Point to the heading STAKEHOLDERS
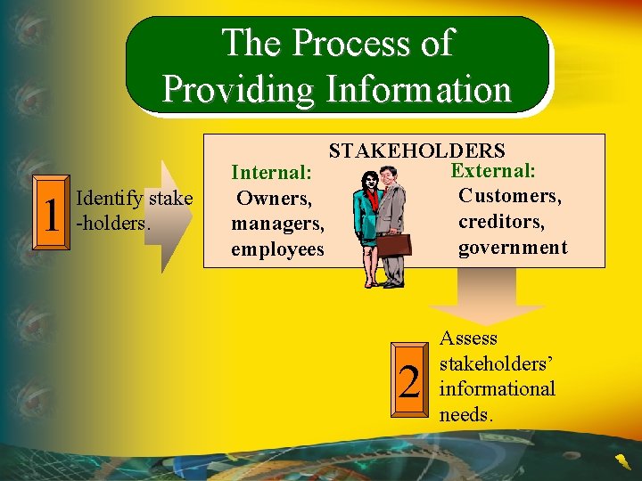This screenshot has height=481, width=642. tap(417, 151)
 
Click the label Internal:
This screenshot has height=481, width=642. tap(272, 171)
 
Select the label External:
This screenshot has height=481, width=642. tap(493, 169)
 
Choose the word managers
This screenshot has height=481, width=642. tap(277, 223)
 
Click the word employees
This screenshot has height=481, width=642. tap(277, 249)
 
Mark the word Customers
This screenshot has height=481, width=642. tap(509, 195)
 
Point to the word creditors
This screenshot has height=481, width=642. tap(501, 221)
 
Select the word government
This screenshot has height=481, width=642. tap(513, 247)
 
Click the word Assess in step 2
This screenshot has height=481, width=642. tap(469, 338)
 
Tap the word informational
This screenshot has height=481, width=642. tap(498, 389)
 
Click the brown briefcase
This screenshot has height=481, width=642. tap(393, 245)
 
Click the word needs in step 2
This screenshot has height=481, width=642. tap(466, 415)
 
